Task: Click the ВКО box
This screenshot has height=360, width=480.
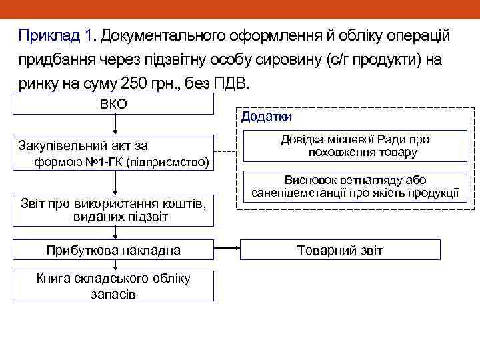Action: [x=114, y=104]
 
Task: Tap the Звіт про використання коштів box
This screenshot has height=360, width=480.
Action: [x=114, y=209]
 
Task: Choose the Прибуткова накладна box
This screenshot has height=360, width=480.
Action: [x=114, y=250]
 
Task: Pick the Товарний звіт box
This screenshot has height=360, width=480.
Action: [x=340, y=250]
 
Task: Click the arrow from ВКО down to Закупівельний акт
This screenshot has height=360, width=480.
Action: [x=115, y=124]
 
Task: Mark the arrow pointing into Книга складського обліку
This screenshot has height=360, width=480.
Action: [x=115, y=265]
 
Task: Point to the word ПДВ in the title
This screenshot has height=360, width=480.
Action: [x=230, y=85]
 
